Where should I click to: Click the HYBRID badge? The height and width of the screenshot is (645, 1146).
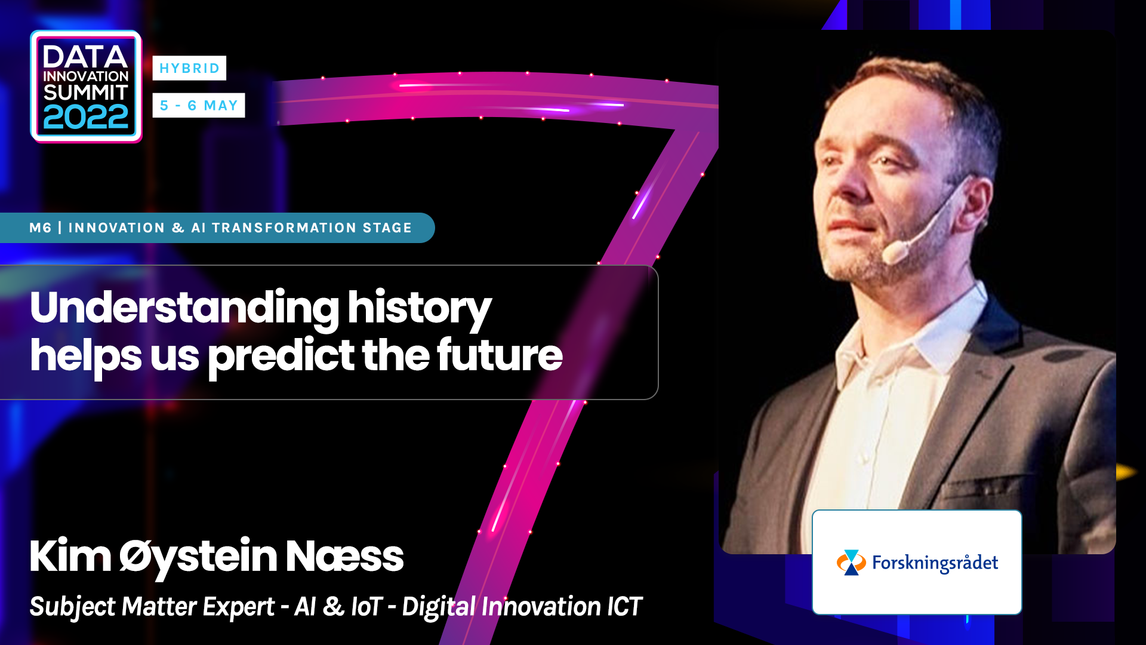click(x=189, y=68)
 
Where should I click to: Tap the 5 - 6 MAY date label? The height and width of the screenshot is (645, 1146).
click(x=199, y=105)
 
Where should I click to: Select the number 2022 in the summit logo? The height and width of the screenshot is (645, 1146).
click(x=86, y=117)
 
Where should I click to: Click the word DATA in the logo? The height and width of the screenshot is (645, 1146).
click(x=85, y=57)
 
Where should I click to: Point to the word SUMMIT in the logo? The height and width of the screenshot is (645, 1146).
click(x=86, y=93)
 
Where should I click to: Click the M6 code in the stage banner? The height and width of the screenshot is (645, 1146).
click(x=41, y=228)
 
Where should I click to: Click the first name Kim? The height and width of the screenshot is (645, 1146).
click(x=70, y=556)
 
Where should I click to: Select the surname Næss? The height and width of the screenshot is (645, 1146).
click(x=344, y=556)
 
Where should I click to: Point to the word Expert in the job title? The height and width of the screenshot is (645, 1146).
click(x=239, y=607)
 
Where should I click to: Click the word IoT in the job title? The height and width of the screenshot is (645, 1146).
click(x=366, y=607)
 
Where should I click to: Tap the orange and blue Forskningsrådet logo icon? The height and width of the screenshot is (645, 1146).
click(x=851, y=563)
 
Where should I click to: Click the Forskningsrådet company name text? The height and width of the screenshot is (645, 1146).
click(x=935, y=563)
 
